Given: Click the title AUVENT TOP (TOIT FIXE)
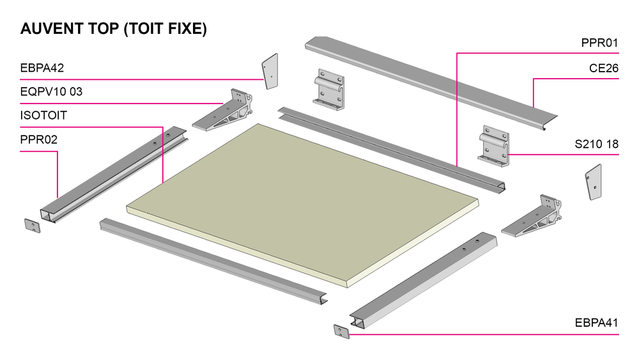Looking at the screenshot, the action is coord(114,29).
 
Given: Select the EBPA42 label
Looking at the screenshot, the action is coord(42,68).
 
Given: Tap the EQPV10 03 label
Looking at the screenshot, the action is coord(51,91).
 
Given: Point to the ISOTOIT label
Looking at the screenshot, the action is coord(43,115).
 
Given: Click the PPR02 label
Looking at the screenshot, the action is coord(39,139).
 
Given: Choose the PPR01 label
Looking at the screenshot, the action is coord(599,43).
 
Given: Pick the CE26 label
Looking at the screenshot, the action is coord(604,68).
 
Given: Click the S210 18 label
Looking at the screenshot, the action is coord(597,144).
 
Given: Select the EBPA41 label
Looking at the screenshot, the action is coord(597,323).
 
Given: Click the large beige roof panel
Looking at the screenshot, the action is coord(302,204).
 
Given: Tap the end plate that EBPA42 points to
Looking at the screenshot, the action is coord(270,72).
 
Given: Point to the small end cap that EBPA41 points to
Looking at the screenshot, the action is coord(341,331).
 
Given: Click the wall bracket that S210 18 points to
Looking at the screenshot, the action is coord(494,146).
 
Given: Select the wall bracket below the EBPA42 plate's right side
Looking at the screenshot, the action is coord(329,90).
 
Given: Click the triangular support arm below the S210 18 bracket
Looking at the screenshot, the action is coord(532,217).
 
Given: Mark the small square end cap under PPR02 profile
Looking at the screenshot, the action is coord(33,226).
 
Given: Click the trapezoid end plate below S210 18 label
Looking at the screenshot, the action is coord(594,182).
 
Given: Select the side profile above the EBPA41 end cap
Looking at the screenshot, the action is coord(423,281).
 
